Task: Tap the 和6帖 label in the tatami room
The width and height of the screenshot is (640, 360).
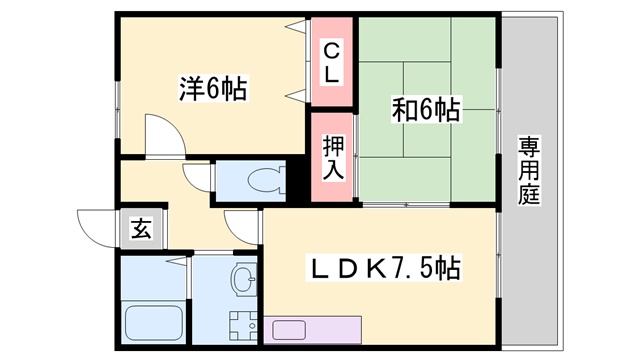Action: pos(426,109)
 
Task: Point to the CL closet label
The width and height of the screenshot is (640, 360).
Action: pos(333,61)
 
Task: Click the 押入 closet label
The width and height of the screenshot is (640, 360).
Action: pos(333,158)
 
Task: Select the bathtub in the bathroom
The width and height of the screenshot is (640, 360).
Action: pos(154,320)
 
